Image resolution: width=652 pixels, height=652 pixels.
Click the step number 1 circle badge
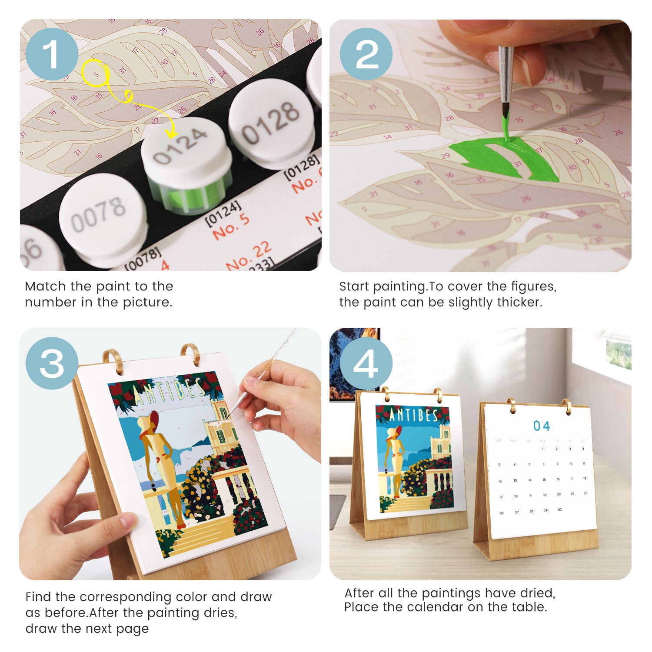point(52,54)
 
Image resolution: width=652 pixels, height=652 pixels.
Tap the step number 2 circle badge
point(366,54)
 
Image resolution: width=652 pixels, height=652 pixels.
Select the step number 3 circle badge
point(52,363)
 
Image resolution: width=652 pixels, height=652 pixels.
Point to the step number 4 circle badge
point(366,363)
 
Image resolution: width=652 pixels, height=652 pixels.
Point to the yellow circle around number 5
point(95,73)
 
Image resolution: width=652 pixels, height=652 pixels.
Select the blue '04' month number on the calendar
point(542,426)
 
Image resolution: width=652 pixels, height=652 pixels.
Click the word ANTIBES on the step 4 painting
point(413,416)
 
